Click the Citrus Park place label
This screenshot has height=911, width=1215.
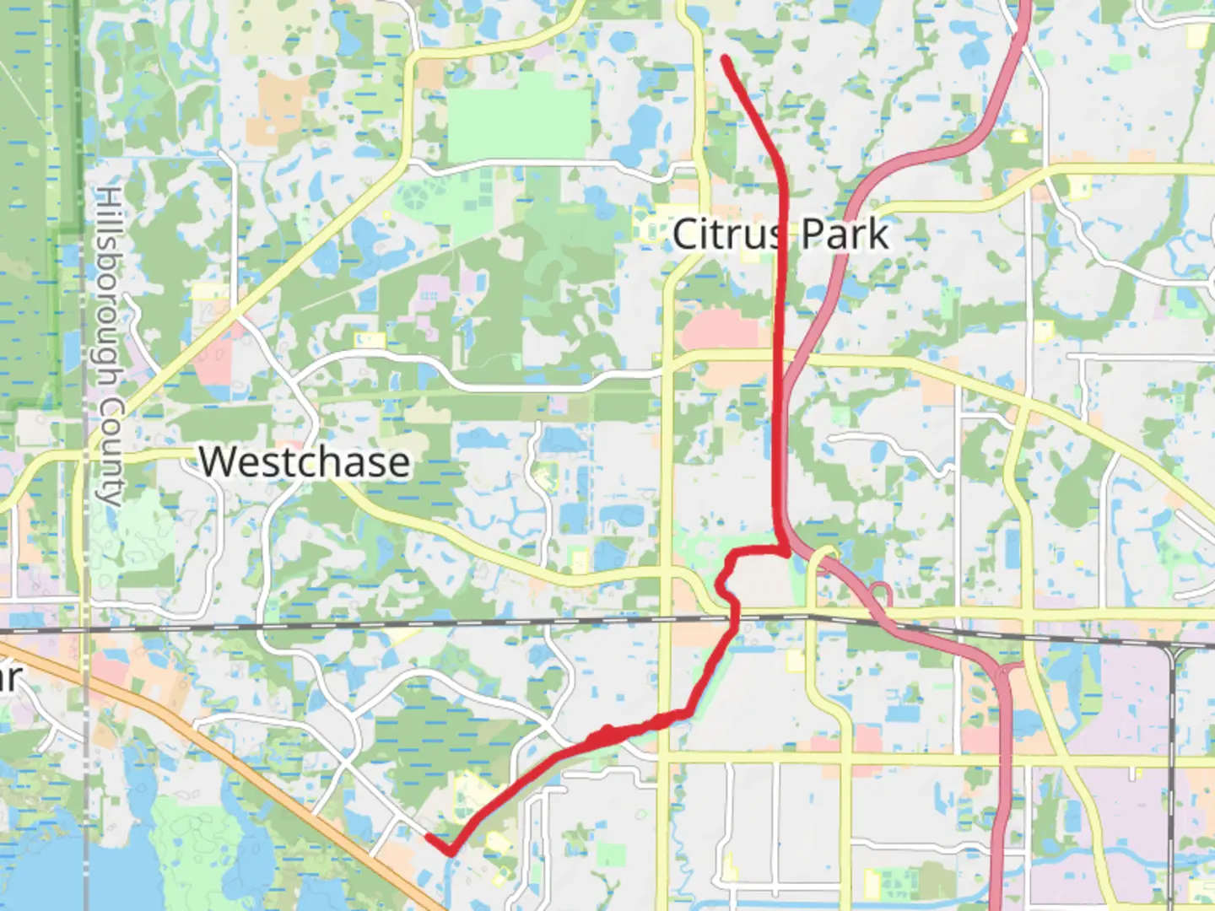[x=780, y=234]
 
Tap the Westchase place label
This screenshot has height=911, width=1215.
[x=305, y=462]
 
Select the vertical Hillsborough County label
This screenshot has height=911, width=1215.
[x=109, y=346]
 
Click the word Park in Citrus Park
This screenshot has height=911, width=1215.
[x=845, y=234]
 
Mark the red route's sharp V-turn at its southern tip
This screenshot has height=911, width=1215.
[x=451, y=852]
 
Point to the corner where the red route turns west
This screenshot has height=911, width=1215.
[x=786, y=552]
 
